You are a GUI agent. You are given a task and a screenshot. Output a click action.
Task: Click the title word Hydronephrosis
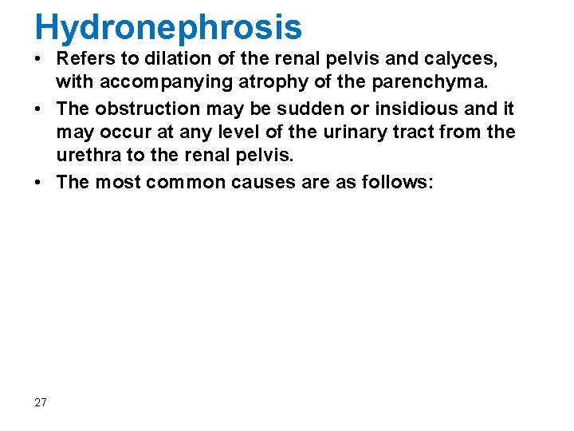168,26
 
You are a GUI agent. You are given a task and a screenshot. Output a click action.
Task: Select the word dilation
169,57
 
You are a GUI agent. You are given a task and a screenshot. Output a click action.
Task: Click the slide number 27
41,402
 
